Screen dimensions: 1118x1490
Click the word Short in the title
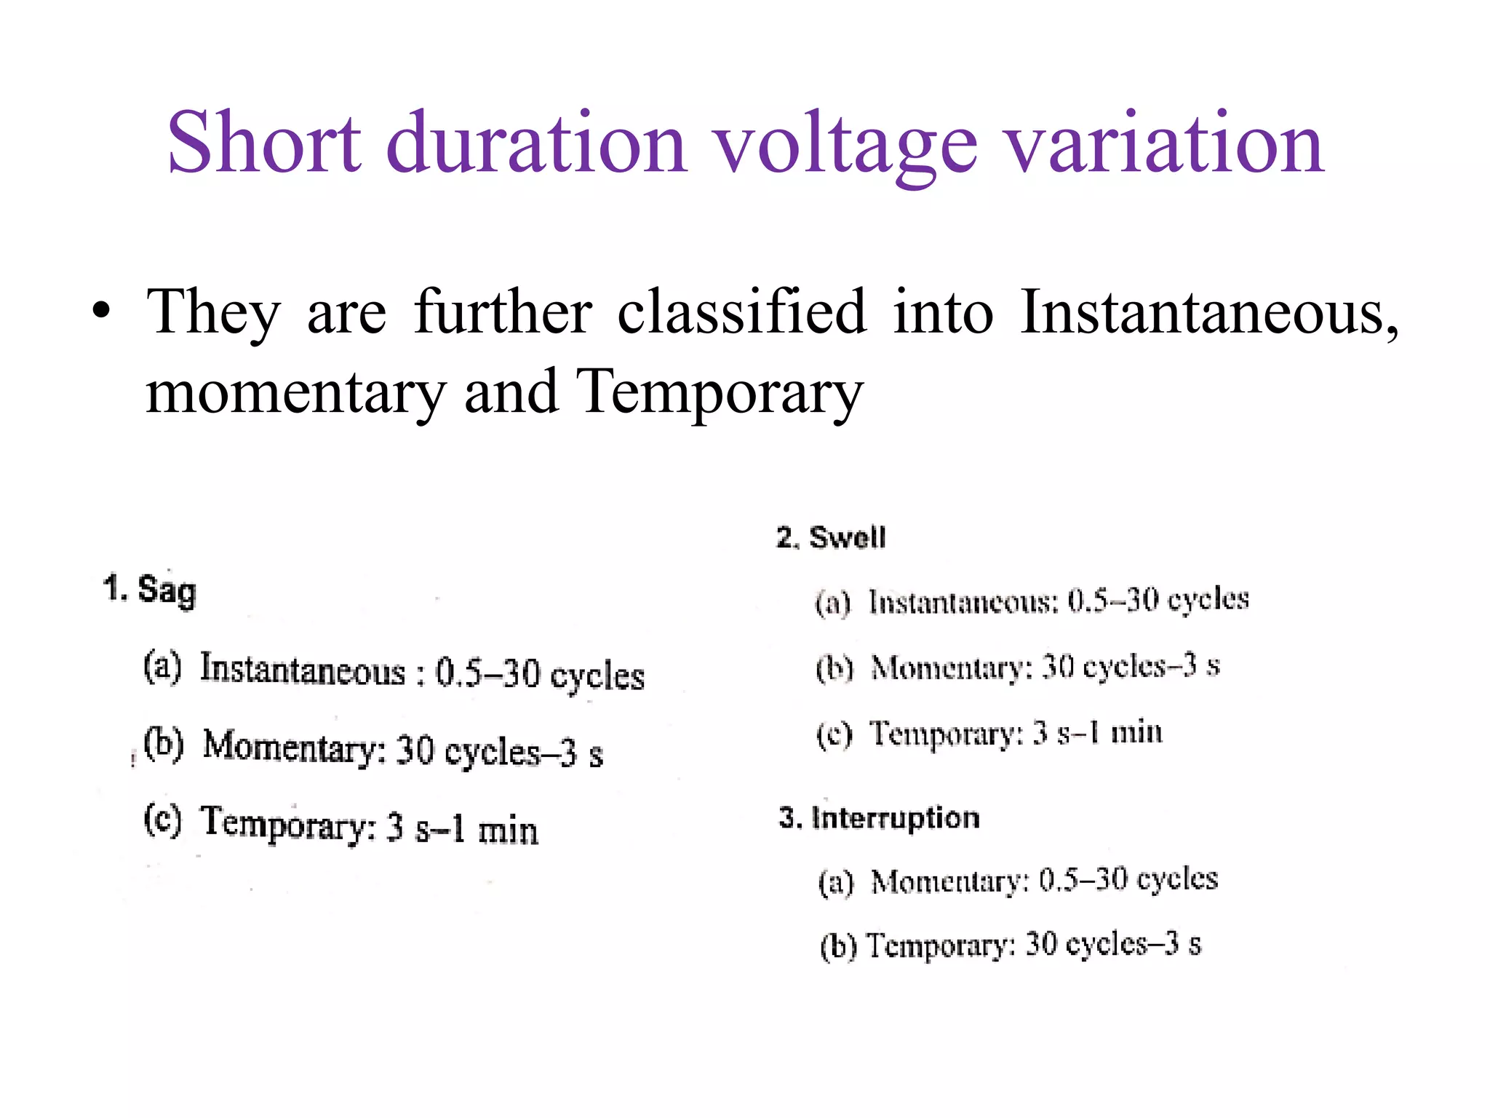(x=263, y=143)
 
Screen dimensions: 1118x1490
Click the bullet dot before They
(x=102, y=312)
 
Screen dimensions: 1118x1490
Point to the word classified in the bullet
(x=742, y=312)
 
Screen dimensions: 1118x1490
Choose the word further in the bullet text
(x=503, y=312)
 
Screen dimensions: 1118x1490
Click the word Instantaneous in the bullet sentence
(x=1208, y=312)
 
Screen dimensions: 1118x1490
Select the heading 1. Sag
(x=150, y=590)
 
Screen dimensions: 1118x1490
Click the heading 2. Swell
(x=831, y=538)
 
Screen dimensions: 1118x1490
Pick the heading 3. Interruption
(x=879, y=818)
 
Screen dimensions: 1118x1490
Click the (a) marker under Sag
(x=162, y=667)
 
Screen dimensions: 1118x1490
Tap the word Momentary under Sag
(x=294, y=746)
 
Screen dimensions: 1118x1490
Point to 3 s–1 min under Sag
(x=463, y=829)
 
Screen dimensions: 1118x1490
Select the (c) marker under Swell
(x=834, y=734)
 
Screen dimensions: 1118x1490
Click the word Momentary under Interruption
(x=949, y=881)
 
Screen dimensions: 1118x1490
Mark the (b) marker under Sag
(x=163, y=744)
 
